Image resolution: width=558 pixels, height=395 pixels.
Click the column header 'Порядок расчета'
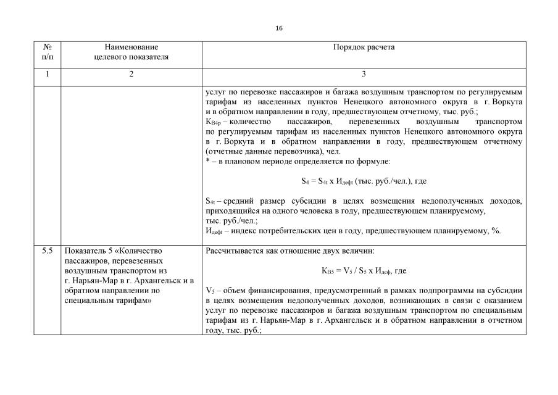(x=364, y=47)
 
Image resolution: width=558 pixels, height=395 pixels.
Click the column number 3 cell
(x=364, y=74)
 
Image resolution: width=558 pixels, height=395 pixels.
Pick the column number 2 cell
(x=131, y=74)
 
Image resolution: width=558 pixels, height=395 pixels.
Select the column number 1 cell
(x=48, y=74)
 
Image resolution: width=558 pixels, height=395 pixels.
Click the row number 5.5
(x=48, y=251)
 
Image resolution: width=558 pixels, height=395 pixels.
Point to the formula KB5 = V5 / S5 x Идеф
(x=364, y=270)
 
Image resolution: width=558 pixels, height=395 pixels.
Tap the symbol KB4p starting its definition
(x=212, y=122)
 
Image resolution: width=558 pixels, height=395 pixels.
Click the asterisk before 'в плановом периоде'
(x=207, y=161)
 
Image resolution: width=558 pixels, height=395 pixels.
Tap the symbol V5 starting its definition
(x=209, y=290)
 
